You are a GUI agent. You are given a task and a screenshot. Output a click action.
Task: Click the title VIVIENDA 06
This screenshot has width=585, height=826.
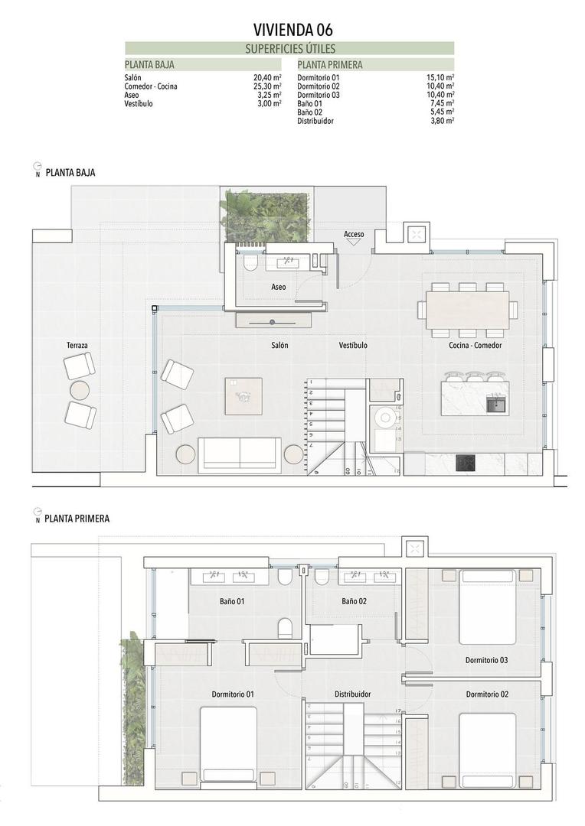tap(293, 30)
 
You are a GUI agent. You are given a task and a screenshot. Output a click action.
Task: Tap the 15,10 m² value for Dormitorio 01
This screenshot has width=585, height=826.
tap(440, 78)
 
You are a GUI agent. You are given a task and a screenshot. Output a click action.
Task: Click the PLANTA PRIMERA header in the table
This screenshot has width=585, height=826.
tap(330, 65)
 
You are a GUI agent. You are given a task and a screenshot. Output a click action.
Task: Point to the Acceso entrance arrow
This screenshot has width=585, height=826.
tap(354, 242)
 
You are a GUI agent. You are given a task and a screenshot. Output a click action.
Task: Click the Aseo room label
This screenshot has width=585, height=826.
tap(279, 287)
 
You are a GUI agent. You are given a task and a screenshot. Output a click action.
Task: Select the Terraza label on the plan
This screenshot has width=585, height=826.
tap(77, 346)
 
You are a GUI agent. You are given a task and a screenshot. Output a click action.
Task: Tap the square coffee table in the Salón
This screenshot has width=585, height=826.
tap(243, 396)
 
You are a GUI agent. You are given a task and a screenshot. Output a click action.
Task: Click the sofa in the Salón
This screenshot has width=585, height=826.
tap(240, 454)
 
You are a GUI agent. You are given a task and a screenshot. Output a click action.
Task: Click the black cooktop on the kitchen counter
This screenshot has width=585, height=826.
tap(466, 463)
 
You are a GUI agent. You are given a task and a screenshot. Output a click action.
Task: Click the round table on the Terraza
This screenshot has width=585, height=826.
tap(80, 391)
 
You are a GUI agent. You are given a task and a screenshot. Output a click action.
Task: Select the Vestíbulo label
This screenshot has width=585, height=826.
tap(353, 346)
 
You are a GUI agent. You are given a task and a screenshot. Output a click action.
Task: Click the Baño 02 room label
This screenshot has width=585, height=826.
tap(355, 601)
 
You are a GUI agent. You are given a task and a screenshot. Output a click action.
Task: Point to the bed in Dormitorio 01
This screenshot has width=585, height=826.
tap(228, 743)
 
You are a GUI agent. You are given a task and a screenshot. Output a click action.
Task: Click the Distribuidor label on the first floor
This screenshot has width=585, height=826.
tap(353, 694)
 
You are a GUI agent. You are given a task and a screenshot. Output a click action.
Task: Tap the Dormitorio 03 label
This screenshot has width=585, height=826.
tap(487, 659)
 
